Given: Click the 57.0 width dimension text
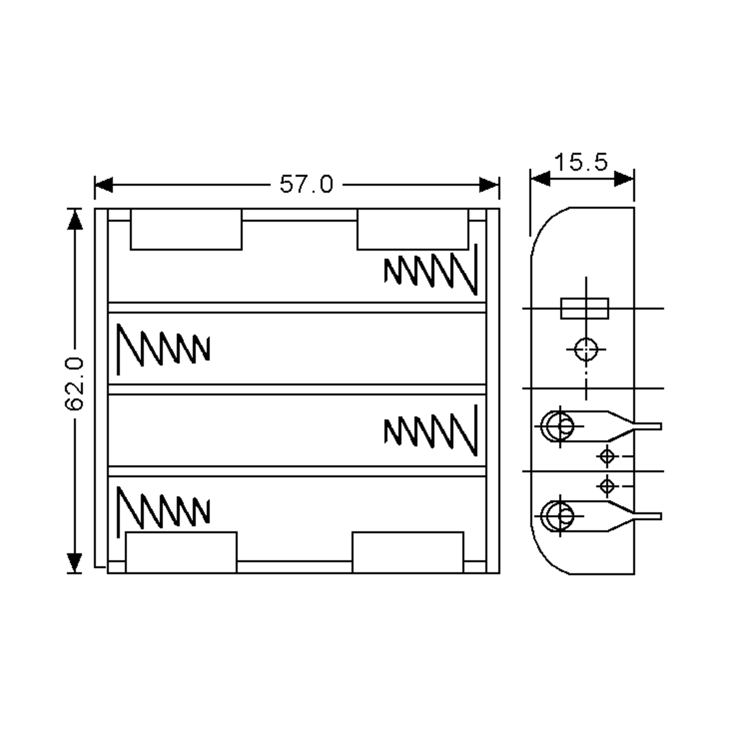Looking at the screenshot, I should (x=306, y=185).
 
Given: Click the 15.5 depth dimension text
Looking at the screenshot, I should (x=581, y=162).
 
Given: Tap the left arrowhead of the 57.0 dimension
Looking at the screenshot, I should (x=104, y=185).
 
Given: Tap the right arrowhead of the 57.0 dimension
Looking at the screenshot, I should (x=489, y=185).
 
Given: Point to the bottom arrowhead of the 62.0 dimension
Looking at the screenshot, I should (x=75, y=562).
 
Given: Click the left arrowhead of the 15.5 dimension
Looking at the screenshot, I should (x=540, y=178).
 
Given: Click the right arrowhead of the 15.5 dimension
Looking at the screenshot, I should (x=624, y=178).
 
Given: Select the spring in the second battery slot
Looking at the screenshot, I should (x=163, y=348).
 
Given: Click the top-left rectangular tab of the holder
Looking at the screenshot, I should (x=186, y=229).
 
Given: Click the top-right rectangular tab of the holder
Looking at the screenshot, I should (x=413, y=229).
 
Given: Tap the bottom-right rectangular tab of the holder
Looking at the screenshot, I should (x=408, y=552).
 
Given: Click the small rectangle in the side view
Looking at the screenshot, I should (x=584, y=308).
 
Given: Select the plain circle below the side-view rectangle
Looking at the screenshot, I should (x=586, y=350).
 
